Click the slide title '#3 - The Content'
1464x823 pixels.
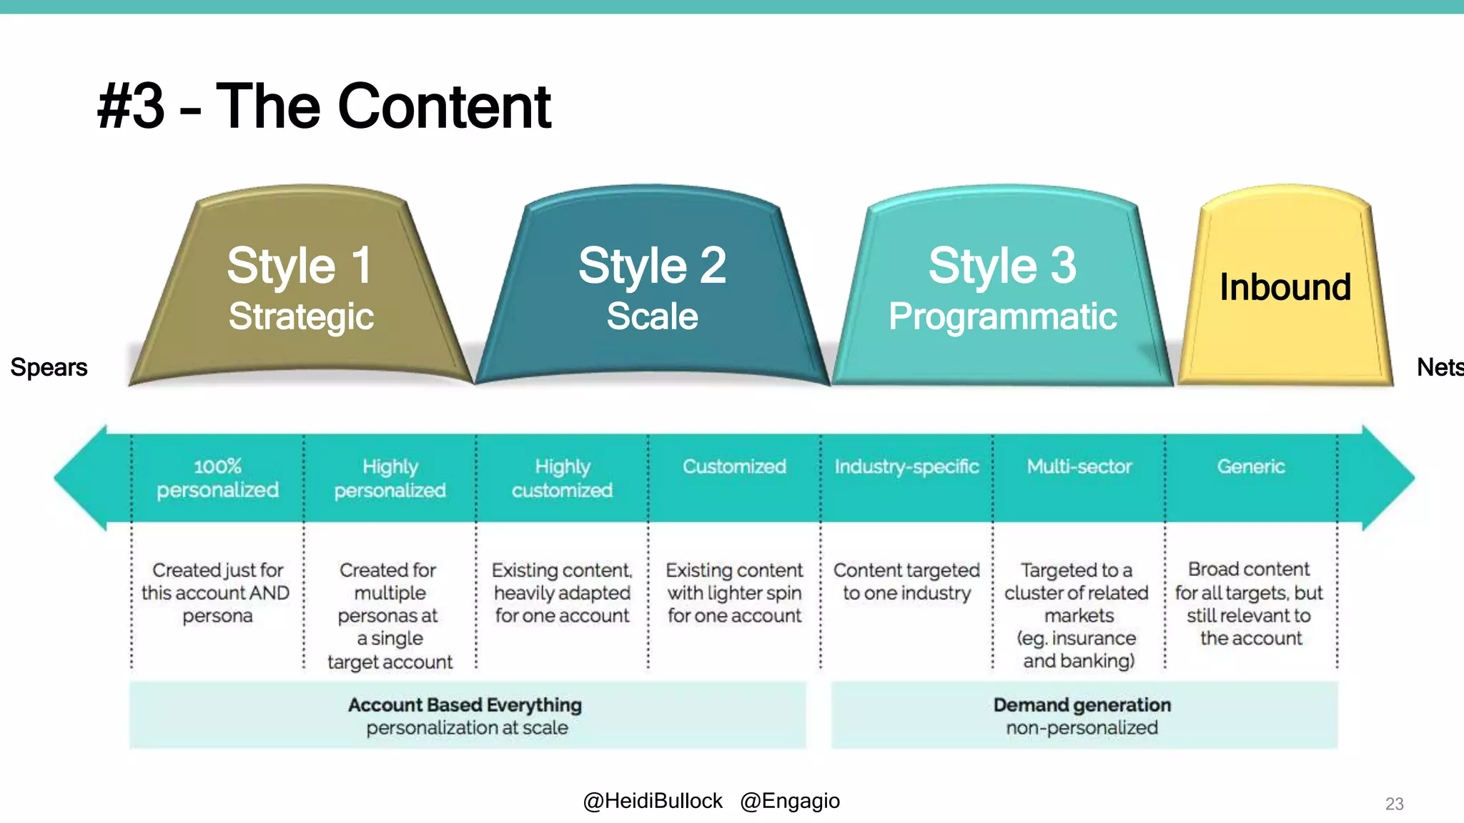[324, 106]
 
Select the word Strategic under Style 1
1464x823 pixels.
[301, 316]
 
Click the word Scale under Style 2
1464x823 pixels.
[652, 316]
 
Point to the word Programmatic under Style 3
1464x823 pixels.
[1002, 316]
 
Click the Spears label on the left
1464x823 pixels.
[49, 367]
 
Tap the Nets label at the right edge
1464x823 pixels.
[1439, 367]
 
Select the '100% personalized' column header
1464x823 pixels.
[217, 478]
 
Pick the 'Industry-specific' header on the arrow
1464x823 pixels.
[906, 467]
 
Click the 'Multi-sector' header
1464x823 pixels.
[1079, 467]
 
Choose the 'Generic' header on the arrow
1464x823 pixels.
[1251, 467]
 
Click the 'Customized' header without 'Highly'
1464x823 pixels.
[734, 467]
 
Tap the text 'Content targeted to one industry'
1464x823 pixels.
[906, 582]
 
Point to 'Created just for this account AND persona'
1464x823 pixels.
[217, 592]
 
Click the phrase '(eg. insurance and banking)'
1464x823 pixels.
[1078, 649]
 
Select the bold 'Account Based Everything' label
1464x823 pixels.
[465, 705]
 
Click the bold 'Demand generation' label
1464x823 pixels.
[1082, 705]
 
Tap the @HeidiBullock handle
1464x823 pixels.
[652, 801]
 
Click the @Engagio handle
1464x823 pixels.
[790, 801]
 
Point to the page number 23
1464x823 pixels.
[1394, 804]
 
